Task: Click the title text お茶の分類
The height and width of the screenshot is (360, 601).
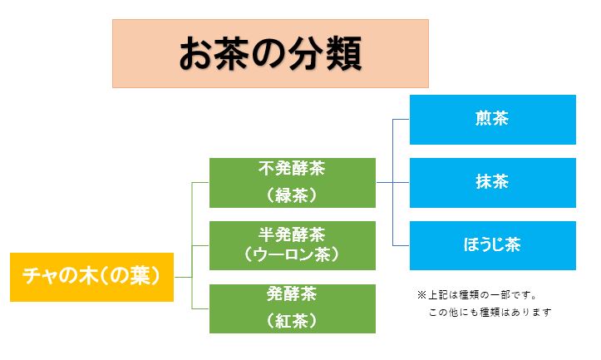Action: (271, 53)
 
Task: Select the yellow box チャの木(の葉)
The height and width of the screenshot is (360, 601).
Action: (91, 277)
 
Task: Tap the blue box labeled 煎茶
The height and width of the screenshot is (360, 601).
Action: (493, 120)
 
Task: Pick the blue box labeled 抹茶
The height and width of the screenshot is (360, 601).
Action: (493, 183)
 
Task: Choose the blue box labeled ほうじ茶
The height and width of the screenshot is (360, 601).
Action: (493, 245)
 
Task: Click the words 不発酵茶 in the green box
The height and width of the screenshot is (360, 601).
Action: (292, 169)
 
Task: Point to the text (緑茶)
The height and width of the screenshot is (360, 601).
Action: (292, 195)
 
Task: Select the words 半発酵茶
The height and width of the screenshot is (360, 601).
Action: (292, 234)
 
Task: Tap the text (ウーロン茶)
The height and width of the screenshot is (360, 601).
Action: (292, 254)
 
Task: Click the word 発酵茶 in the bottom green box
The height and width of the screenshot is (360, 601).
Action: (292, 294)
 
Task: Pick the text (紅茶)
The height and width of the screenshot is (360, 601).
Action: (292, 321)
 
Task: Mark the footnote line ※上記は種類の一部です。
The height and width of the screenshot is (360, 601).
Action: (477, 295)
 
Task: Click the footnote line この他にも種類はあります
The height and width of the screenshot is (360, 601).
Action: (490, 312)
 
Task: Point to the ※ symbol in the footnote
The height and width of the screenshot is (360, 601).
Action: (421, 295)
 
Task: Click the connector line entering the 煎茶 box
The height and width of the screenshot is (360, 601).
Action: (401, 119)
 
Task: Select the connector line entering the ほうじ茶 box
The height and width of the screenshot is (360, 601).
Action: (401, 245)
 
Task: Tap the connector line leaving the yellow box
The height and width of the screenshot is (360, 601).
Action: (183, 277)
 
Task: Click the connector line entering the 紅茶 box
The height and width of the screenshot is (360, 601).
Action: (200, 308)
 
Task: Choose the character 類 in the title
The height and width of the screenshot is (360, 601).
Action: (344, 54)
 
